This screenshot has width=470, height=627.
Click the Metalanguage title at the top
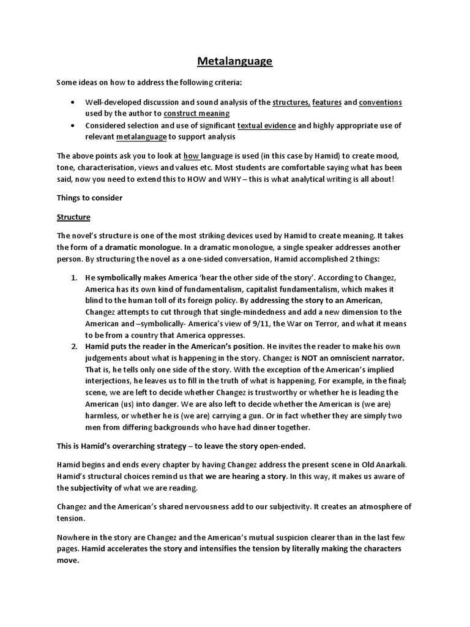235,61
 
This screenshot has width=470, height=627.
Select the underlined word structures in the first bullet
291,102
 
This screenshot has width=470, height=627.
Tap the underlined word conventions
380,102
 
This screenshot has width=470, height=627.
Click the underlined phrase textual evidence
266,126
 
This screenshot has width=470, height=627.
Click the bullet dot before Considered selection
73,126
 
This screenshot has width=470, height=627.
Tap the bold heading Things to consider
90,198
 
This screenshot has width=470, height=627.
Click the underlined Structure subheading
73,217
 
